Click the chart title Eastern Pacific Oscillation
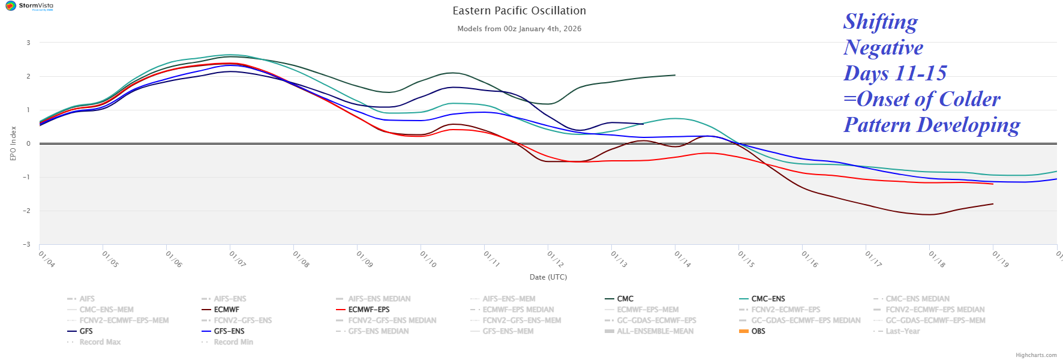click(519, 11)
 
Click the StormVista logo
click(29, 6)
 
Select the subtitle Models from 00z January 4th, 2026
click(519, 29)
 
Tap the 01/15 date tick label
click(746, 259)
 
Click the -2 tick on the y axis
click(27, 211)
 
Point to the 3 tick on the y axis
click(28, 43)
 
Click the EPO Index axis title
click(13, 143)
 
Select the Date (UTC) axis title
click(548, 277)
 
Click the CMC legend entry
click(625, 299)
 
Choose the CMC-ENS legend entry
click(768, 299)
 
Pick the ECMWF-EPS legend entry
click(368, 310)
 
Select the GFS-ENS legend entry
click(229, 331)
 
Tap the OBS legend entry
click(758, 331)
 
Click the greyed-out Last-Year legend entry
click(902, 331)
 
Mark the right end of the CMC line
click(675, 75)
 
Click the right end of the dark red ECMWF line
click(993, 204)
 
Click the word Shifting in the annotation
click(880, 22)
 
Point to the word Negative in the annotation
click(883, 47)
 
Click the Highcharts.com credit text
click(1036, 355)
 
